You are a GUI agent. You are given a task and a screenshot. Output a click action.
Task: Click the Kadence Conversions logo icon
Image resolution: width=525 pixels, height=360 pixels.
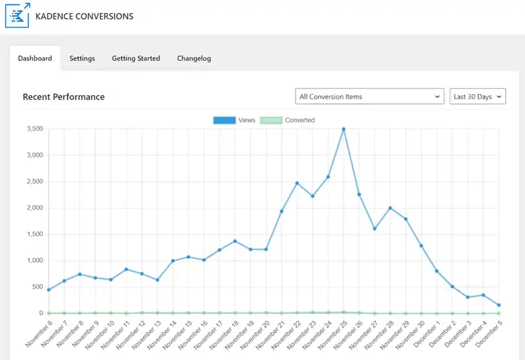click(18, 15)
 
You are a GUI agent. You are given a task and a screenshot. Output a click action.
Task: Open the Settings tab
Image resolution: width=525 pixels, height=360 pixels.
click(82, 58)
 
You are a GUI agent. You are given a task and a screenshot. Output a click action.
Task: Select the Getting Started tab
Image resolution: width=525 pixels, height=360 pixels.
click(136, 58)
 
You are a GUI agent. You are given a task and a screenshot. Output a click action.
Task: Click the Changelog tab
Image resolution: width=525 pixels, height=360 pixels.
click(194, 58)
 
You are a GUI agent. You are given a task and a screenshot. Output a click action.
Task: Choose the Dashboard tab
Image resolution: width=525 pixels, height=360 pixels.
click(35, 58)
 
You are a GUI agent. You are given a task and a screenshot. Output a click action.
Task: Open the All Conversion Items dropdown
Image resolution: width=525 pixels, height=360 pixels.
click(369, 97)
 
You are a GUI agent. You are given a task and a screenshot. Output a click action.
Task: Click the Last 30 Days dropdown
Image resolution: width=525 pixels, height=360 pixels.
click(477, 97)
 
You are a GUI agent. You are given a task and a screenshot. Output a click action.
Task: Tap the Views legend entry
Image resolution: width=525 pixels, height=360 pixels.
click(235, 120)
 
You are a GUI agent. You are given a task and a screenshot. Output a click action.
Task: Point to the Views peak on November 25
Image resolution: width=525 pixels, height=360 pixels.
click(343, 130)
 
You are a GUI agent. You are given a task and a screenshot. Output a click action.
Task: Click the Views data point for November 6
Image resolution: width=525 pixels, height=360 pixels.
click(48, 290)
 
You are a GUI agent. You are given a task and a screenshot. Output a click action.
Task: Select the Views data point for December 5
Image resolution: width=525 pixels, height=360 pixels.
click(499, 305)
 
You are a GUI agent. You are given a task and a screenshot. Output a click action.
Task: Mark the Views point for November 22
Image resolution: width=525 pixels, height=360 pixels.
click(297, 183)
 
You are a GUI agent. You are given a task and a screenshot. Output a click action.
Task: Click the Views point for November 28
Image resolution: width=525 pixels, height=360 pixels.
click(390, 208)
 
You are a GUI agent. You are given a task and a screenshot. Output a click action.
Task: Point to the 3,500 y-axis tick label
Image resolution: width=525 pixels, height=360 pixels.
click(32, 129)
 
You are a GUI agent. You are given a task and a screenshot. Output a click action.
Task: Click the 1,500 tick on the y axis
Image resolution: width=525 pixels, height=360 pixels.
click(32, 234)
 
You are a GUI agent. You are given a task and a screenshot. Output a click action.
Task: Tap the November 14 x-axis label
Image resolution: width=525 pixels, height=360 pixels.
click(161, 335)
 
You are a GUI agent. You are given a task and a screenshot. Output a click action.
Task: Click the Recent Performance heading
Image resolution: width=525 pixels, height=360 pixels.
click(63, 97)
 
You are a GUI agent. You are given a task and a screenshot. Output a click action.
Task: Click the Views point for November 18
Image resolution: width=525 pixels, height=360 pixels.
click(235, 241)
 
